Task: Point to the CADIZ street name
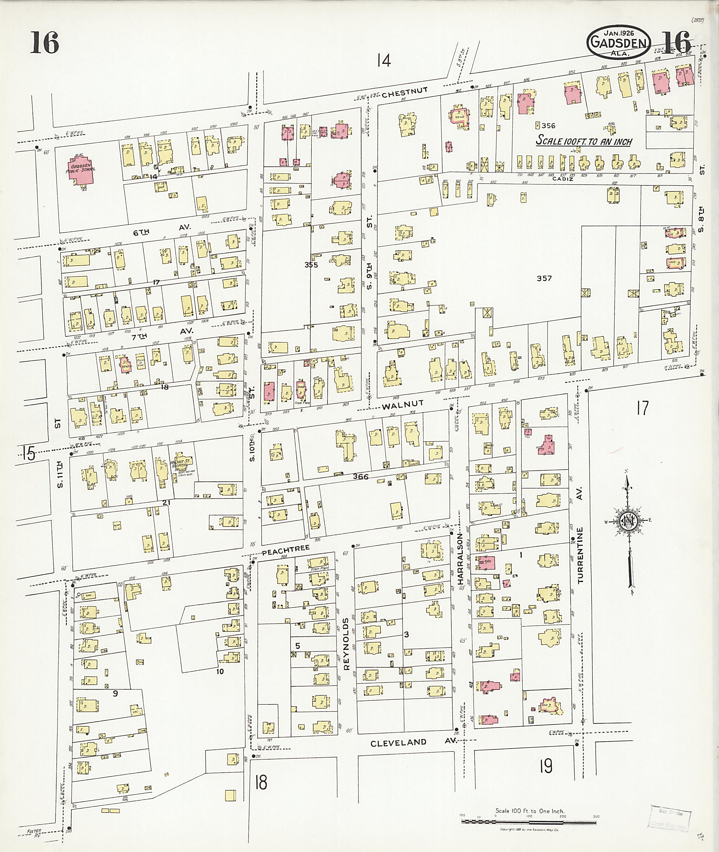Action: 563,179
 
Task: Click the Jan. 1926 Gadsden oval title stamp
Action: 619,43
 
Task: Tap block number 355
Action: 311,265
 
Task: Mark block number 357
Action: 544,278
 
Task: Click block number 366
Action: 361,476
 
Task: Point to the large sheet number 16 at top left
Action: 45,43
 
